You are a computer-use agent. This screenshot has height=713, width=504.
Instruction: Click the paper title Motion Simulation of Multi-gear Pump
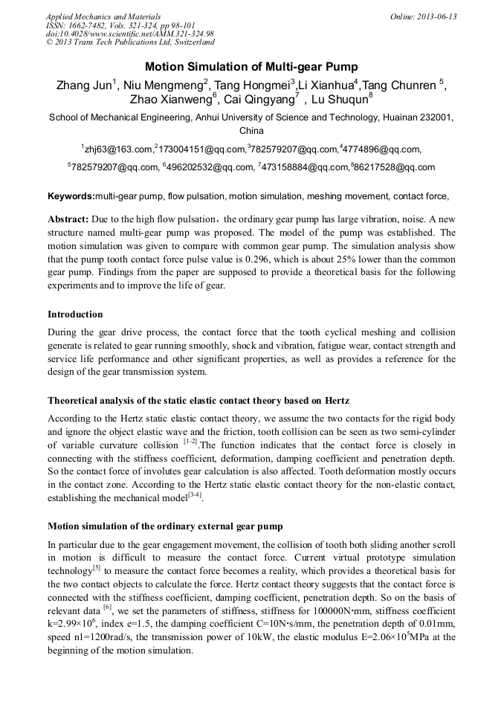(x=251, y=66)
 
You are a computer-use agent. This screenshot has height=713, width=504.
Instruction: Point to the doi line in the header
(x=129, y=34)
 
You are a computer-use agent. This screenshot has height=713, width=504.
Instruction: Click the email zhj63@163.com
(x=120, y=149)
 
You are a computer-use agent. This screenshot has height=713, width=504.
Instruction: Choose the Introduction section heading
(x=75, y=314)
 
